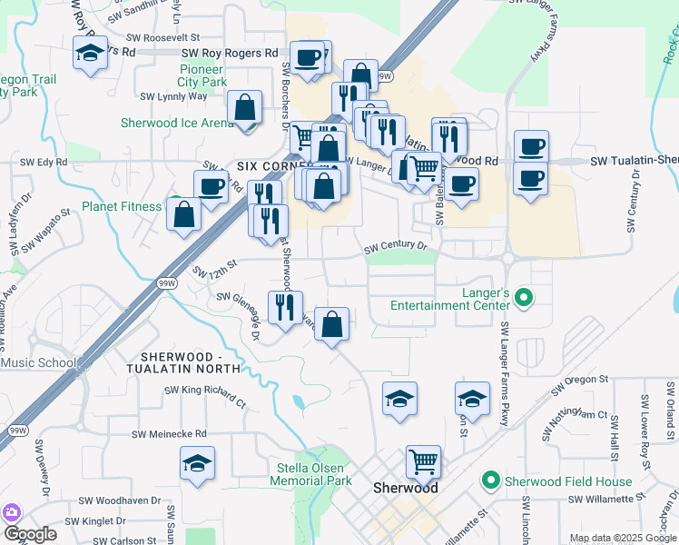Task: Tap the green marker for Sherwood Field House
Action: (491, 480)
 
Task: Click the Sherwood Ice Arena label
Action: (178, 123)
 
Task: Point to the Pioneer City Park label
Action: (202, 75)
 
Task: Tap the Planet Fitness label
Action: (122, 206)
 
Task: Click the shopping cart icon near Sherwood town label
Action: (423, 461)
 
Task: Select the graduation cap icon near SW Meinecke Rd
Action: (197, 462)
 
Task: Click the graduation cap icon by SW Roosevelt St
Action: (91, 52)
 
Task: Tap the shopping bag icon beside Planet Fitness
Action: (184, 215)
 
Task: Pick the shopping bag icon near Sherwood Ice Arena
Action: (245, 107)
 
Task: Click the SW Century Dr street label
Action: (395, 246)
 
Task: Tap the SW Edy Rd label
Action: (44, 162)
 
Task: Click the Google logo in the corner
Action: (30, 534)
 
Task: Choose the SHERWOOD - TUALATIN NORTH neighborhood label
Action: (191, 362)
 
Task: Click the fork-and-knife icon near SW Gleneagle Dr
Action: (285, 307)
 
